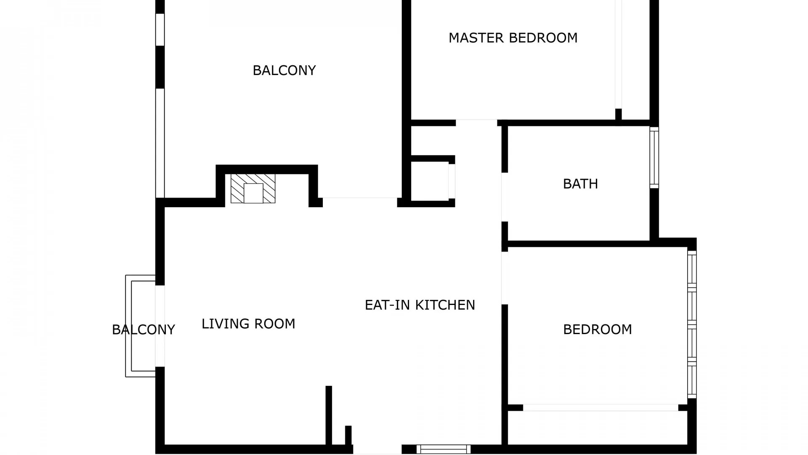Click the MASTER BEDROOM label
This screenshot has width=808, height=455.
[513, 38]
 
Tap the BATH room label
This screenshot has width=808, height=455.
[580, 184]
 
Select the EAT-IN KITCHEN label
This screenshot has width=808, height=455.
[420, 305]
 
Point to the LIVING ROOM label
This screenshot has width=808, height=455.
[248, 324]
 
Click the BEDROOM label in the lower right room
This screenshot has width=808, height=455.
[598, 329]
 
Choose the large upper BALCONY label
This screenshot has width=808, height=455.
[284, 70]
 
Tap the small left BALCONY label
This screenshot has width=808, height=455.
[144, 329]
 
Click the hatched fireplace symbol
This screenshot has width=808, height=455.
[253, 188]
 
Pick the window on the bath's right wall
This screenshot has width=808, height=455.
[654, 158]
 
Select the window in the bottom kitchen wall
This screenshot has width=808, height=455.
[444, 449]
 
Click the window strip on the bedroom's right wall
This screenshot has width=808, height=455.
[692, 324]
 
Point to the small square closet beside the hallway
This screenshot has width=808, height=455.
[430, 182]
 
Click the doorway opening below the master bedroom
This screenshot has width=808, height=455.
[476, 123]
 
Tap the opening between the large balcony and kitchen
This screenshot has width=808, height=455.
[360, 203]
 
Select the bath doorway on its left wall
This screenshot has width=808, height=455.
[505, 197]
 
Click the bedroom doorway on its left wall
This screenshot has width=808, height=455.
[505, 278]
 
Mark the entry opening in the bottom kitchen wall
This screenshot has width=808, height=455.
[377, 449]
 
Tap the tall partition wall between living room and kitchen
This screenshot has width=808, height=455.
[329, 415]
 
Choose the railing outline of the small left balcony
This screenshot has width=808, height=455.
[128, 326]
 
